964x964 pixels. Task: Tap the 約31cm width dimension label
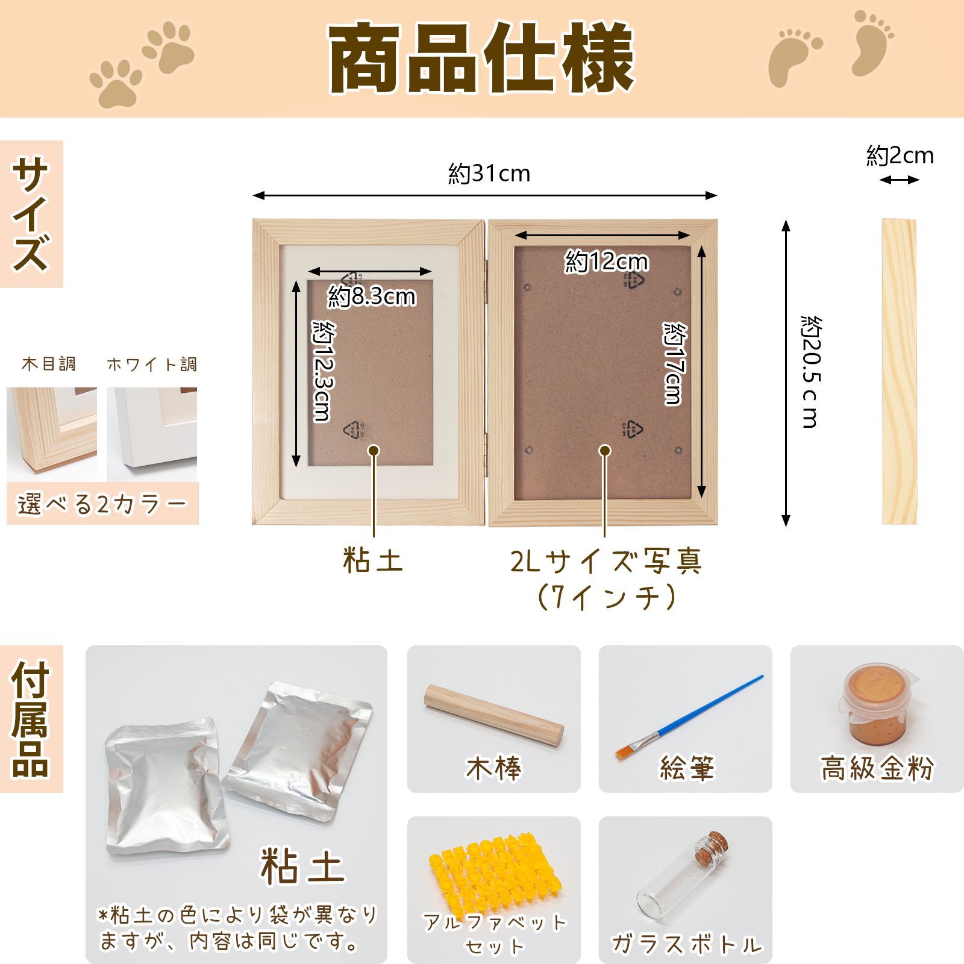(489, 174)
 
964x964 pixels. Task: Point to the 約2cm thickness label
(900, 156)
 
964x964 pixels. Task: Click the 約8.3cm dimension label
(372, 296)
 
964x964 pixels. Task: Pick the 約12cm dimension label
(606, 261)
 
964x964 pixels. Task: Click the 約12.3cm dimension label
(323, 371)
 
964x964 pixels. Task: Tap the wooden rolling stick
(493, 716)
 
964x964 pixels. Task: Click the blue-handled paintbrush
(689, 716)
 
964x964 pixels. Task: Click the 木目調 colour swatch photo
(52, 434)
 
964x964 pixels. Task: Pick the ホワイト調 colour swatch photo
(152, 434)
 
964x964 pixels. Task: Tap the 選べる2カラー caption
(102, 504)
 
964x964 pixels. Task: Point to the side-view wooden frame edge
(900, 372)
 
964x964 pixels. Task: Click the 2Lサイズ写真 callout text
(606, 562)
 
